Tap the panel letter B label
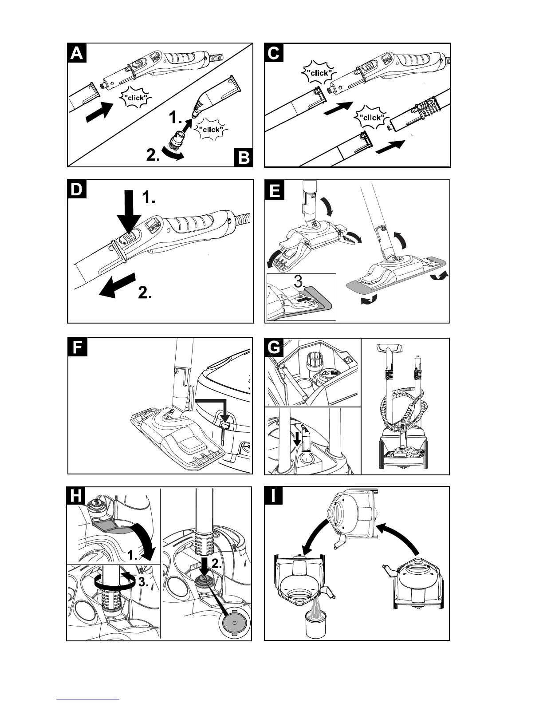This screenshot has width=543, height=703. coord(244,158)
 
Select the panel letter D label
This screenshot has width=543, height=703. coord(77,190)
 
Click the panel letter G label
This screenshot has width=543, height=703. coord(274,348)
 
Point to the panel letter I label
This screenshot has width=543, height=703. coord(274,496)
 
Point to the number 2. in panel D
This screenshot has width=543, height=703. coord(145,293)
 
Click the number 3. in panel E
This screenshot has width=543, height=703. coord(300,281)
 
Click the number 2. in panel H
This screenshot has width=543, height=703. coord(217,564)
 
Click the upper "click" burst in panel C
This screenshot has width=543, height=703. coord(319,73)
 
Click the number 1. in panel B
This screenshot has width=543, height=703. coord(175,118)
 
